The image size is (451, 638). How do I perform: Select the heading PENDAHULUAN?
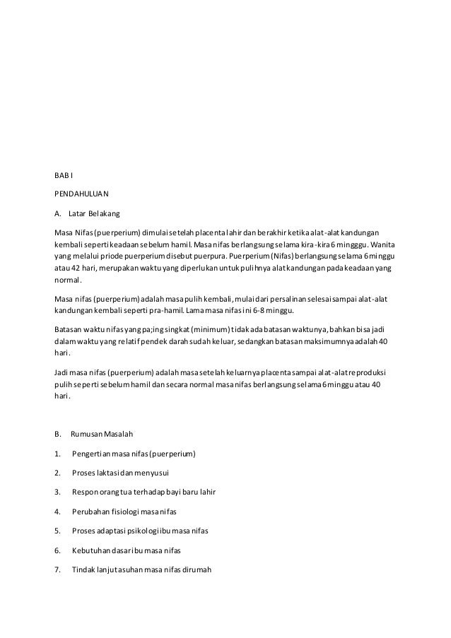pyautogui.click(x=81, y=193)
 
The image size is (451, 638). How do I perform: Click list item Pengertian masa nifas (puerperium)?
pyautogui.click(x=134, y=453)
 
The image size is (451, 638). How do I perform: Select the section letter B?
pyautogui.click(x=58, y=433)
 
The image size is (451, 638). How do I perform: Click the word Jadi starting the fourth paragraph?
pyautogui.click(x=61, y=372)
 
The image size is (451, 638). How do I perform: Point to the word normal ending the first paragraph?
pyautogui.click(x=68, y=280)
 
